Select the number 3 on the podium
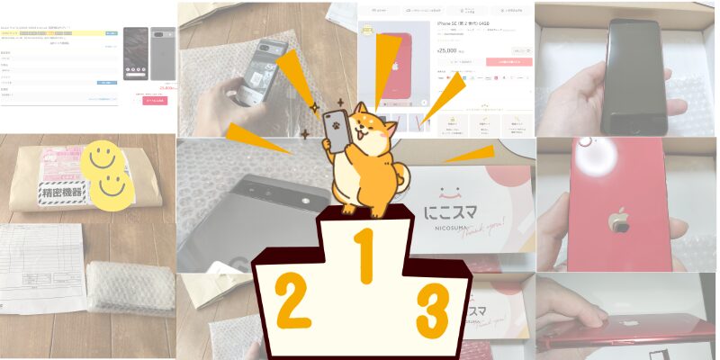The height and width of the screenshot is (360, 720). click(432, 309)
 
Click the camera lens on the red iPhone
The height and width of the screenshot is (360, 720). click(587, 142)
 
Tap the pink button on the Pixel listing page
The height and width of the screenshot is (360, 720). click(155, 101)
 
